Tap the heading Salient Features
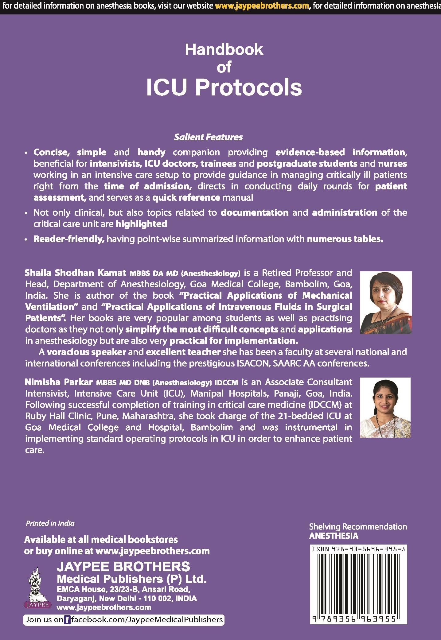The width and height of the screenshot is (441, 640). click(x=208, y=137)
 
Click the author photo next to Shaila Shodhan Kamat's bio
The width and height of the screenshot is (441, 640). click(x=385, y=302)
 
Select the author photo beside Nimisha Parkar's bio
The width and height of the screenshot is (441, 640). click(x=385, y=407)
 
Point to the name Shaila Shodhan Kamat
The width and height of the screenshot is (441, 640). click(x=76, y=273)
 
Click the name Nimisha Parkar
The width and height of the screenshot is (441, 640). click(x=59, y=382)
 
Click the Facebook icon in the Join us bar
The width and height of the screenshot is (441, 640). click(x=67, y=619)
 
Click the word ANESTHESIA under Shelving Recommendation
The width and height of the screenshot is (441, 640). click(x=334, y=536)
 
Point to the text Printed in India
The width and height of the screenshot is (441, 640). click(x=50, y=523)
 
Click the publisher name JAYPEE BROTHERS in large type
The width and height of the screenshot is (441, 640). click(x=123, y=567)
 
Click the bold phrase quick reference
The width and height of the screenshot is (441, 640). click(x=186, y=197)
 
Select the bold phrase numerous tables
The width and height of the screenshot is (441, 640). click(x=345, y=239)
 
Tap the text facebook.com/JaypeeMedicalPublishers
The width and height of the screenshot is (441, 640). click(x=147, y=619)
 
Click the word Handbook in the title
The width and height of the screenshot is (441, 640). click(x=224, y=50)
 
